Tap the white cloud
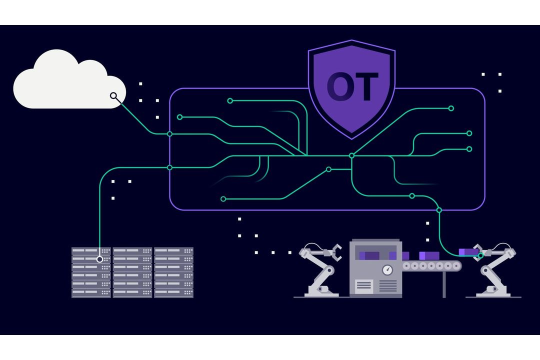coord(69,79)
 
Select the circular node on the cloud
coord(113,96)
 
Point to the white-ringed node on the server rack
coord(99,259)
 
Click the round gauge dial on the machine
coord(387,269)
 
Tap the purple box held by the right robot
coord(468,252)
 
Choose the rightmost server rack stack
coord(174,272)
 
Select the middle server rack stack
coord(132,272)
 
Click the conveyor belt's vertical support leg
coord(444,284)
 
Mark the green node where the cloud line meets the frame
coord(169,134)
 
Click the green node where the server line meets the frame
coord(169,168)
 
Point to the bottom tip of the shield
coord(351,139)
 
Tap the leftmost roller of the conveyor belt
coord(406,266)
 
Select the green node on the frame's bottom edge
coord(439,210)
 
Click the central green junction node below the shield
coord(351,155)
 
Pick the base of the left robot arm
coord(321,293)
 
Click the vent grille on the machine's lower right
coord(388,285)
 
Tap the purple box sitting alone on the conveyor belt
coord(429,255)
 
